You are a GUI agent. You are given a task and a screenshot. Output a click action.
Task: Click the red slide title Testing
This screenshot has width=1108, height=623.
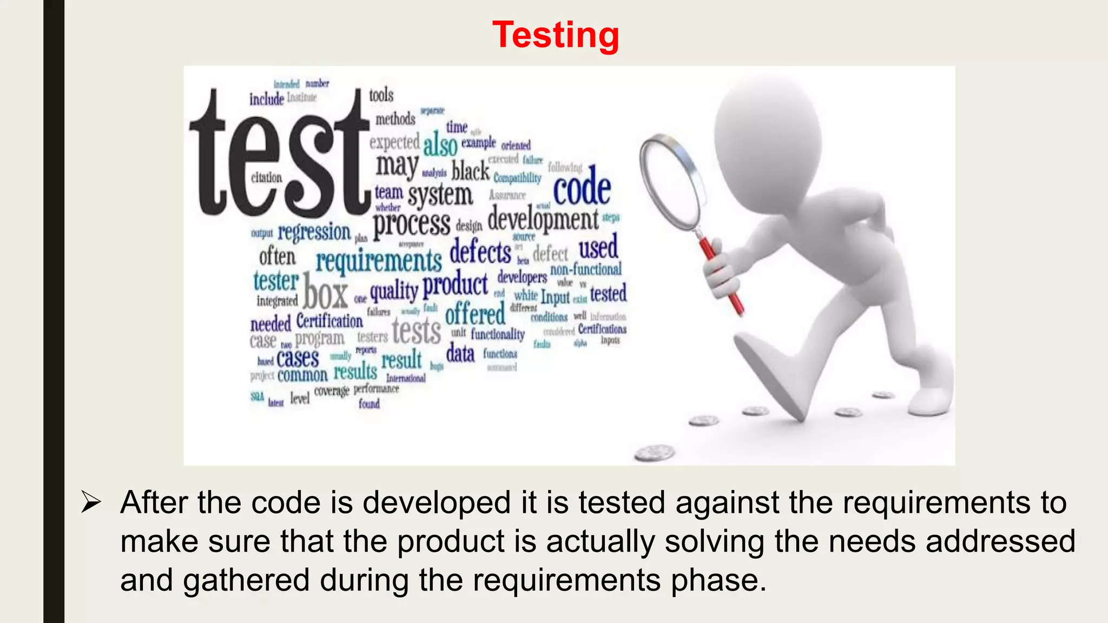point(556,35)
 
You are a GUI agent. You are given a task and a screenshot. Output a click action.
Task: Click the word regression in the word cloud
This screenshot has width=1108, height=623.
point(314,233)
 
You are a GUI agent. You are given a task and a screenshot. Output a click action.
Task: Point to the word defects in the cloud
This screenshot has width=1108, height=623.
point(480,252)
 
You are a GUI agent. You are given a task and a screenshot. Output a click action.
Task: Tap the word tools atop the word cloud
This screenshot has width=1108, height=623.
point(381,95)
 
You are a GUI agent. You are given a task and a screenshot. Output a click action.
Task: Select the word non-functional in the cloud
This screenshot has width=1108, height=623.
point(586,269)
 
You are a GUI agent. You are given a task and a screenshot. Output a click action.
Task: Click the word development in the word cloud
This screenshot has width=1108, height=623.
point(543,220)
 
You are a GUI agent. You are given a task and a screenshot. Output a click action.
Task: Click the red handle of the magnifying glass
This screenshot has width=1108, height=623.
point(722,276)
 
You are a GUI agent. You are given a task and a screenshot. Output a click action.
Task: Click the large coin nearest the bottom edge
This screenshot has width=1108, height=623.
point(655,452)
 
